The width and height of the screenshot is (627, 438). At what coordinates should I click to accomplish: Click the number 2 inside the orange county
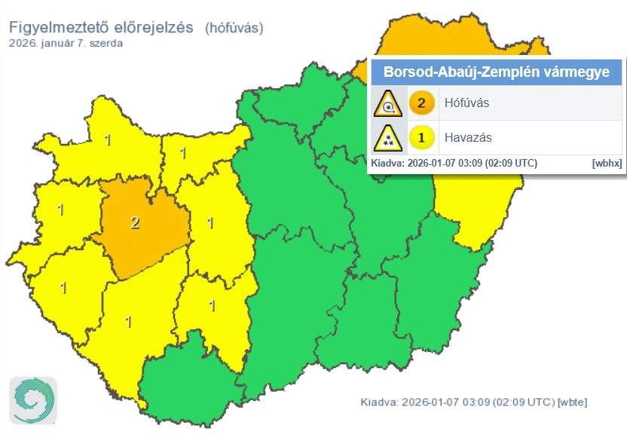135,222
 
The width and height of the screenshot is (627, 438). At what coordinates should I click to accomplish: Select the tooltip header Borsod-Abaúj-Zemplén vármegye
497,73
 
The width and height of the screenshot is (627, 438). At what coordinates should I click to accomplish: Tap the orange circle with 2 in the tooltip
421,103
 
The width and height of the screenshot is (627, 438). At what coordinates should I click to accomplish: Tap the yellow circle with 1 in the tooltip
421,138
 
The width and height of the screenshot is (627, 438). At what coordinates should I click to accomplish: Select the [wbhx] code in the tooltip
607,162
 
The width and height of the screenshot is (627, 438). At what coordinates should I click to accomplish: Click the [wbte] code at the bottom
571,402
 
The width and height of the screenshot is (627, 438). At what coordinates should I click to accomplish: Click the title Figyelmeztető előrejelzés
102,28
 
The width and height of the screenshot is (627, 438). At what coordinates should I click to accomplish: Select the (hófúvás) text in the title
234,28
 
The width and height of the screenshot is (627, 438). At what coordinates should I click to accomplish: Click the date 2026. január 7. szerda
66,43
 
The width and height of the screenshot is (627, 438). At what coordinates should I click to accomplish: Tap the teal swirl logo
33,398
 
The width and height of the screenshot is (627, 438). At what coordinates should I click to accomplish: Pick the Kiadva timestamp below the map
457,402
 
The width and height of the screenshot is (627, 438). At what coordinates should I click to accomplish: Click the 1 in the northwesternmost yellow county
107,139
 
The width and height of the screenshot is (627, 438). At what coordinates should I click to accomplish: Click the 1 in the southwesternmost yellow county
63,287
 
